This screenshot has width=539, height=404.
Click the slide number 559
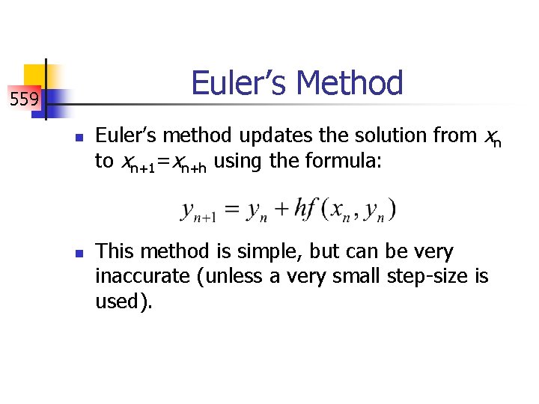click(x=24, y=98)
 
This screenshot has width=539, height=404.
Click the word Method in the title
click(x=351, y=83)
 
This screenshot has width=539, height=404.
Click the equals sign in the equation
click(x=232, y=209)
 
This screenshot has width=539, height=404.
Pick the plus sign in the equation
click(x=281, y=209)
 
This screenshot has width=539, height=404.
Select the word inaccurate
click(x=142, y=276)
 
